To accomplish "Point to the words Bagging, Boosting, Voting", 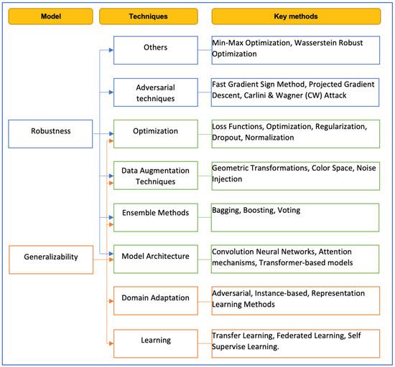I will (x=256, y=211).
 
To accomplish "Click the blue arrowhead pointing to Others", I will (x=110, y=50).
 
